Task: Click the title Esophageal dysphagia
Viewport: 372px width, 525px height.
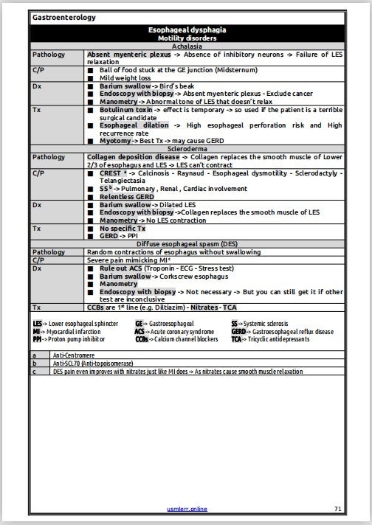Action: pos(186,30)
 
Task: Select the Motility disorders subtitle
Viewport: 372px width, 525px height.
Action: pos(186,38)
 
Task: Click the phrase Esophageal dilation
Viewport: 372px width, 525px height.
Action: pos(130,125)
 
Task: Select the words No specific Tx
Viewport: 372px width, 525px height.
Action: pos(123,228)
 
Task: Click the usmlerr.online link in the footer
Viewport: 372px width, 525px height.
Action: pos(185,509)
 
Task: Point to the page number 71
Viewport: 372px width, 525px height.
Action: pos(337,509)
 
